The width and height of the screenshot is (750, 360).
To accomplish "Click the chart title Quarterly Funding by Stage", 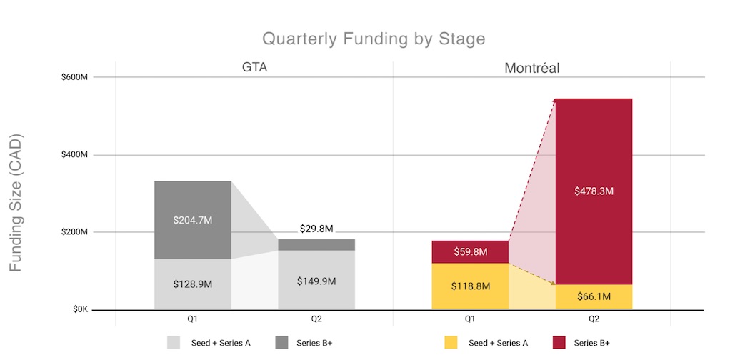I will tap(374, 39).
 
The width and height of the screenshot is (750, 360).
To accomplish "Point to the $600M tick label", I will tap(74, 77).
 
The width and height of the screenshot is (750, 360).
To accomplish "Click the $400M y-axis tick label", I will tap(74, 155).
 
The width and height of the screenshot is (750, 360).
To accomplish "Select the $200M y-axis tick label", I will tap(74, 233).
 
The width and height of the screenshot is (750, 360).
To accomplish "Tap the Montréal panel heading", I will tap(531, 69).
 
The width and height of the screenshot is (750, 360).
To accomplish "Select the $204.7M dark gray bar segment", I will tap(193, 219).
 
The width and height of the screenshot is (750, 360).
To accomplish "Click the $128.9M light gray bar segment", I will tap(193, 284).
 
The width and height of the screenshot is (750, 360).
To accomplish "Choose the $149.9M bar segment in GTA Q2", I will tap(316, 281).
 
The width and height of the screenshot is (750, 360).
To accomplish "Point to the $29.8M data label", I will tap(316, 229).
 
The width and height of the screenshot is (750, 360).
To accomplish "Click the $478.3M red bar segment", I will tap(594, 191).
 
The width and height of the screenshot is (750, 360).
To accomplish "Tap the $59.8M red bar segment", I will tap(470, 251).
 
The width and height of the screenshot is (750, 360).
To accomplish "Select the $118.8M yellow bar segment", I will tap(470, 286).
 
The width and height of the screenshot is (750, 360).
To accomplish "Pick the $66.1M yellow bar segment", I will tap(594, 296).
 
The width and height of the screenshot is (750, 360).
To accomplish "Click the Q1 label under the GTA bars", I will tap(193, 319).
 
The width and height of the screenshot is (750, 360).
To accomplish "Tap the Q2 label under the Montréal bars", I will tap(594, 319).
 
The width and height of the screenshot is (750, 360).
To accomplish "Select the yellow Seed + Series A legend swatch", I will tap(451, 343).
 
